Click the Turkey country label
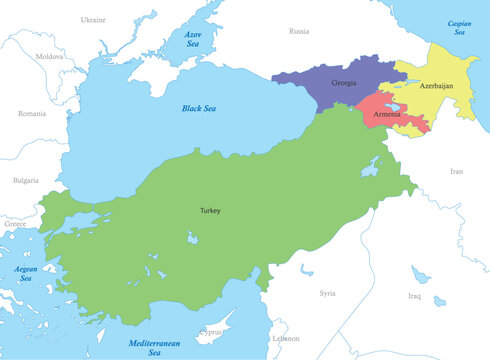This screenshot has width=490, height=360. (209, 211)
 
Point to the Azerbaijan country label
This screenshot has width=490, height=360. (436, 86)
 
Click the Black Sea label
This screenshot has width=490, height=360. (199, 108)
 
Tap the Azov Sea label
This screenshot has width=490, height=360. (193, 39)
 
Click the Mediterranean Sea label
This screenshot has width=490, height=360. (154, 348)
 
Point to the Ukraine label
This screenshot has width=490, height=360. (93, 19)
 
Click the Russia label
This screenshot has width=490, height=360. (299, 31)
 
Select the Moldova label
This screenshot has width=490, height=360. (49, 57)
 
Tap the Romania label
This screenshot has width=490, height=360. (32, 114)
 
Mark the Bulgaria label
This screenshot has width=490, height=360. (25, 180)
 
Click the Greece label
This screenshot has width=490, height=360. (15, 224)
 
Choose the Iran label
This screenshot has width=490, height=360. (457, 171)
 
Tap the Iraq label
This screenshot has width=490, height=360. (414, 297)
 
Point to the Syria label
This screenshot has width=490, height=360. (327, 293)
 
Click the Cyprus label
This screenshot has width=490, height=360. (211, 332)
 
